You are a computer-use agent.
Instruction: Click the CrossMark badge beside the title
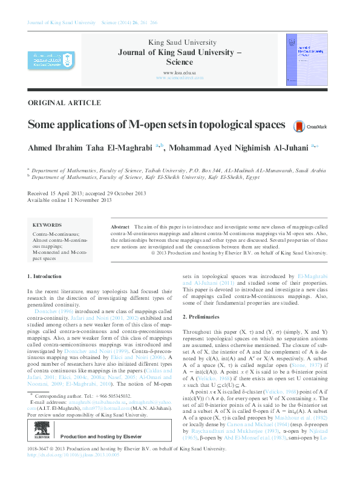pos(310,126)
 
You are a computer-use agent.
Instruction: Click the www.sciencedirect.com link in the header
pos(179,78)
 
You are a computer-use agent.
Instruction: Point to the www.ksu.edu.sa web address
pos(179,73)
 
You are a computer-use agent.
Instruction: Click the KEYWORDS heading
pos(47,224)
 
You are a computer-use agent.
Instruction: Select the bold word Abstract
pos(120,225)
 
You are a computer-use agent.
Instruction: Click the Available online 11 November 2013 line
pos(70,199)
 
